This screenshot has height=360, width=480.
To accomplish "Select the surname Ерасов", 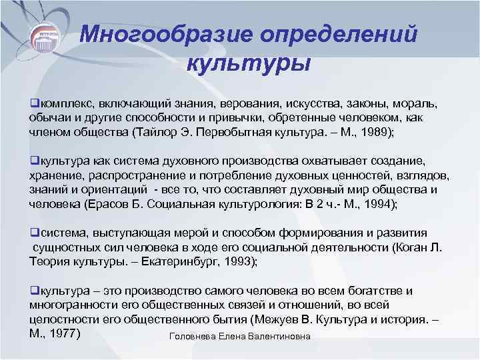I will [x=123, y=205].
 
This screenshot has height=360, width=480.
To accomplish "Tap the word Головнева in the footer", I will [x=194, y=337].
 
